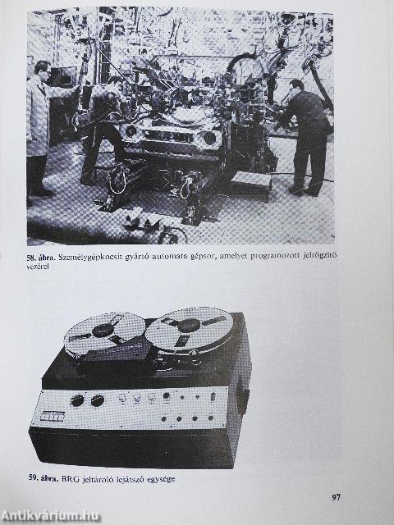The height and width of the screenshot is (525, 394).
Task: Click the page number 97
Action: pos(337,497)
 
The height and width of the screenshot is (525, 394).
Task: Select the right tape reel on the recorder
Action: pos(188,328)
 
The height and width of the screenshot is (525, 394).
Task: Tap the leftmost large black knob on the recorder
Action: pos(78,400)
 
